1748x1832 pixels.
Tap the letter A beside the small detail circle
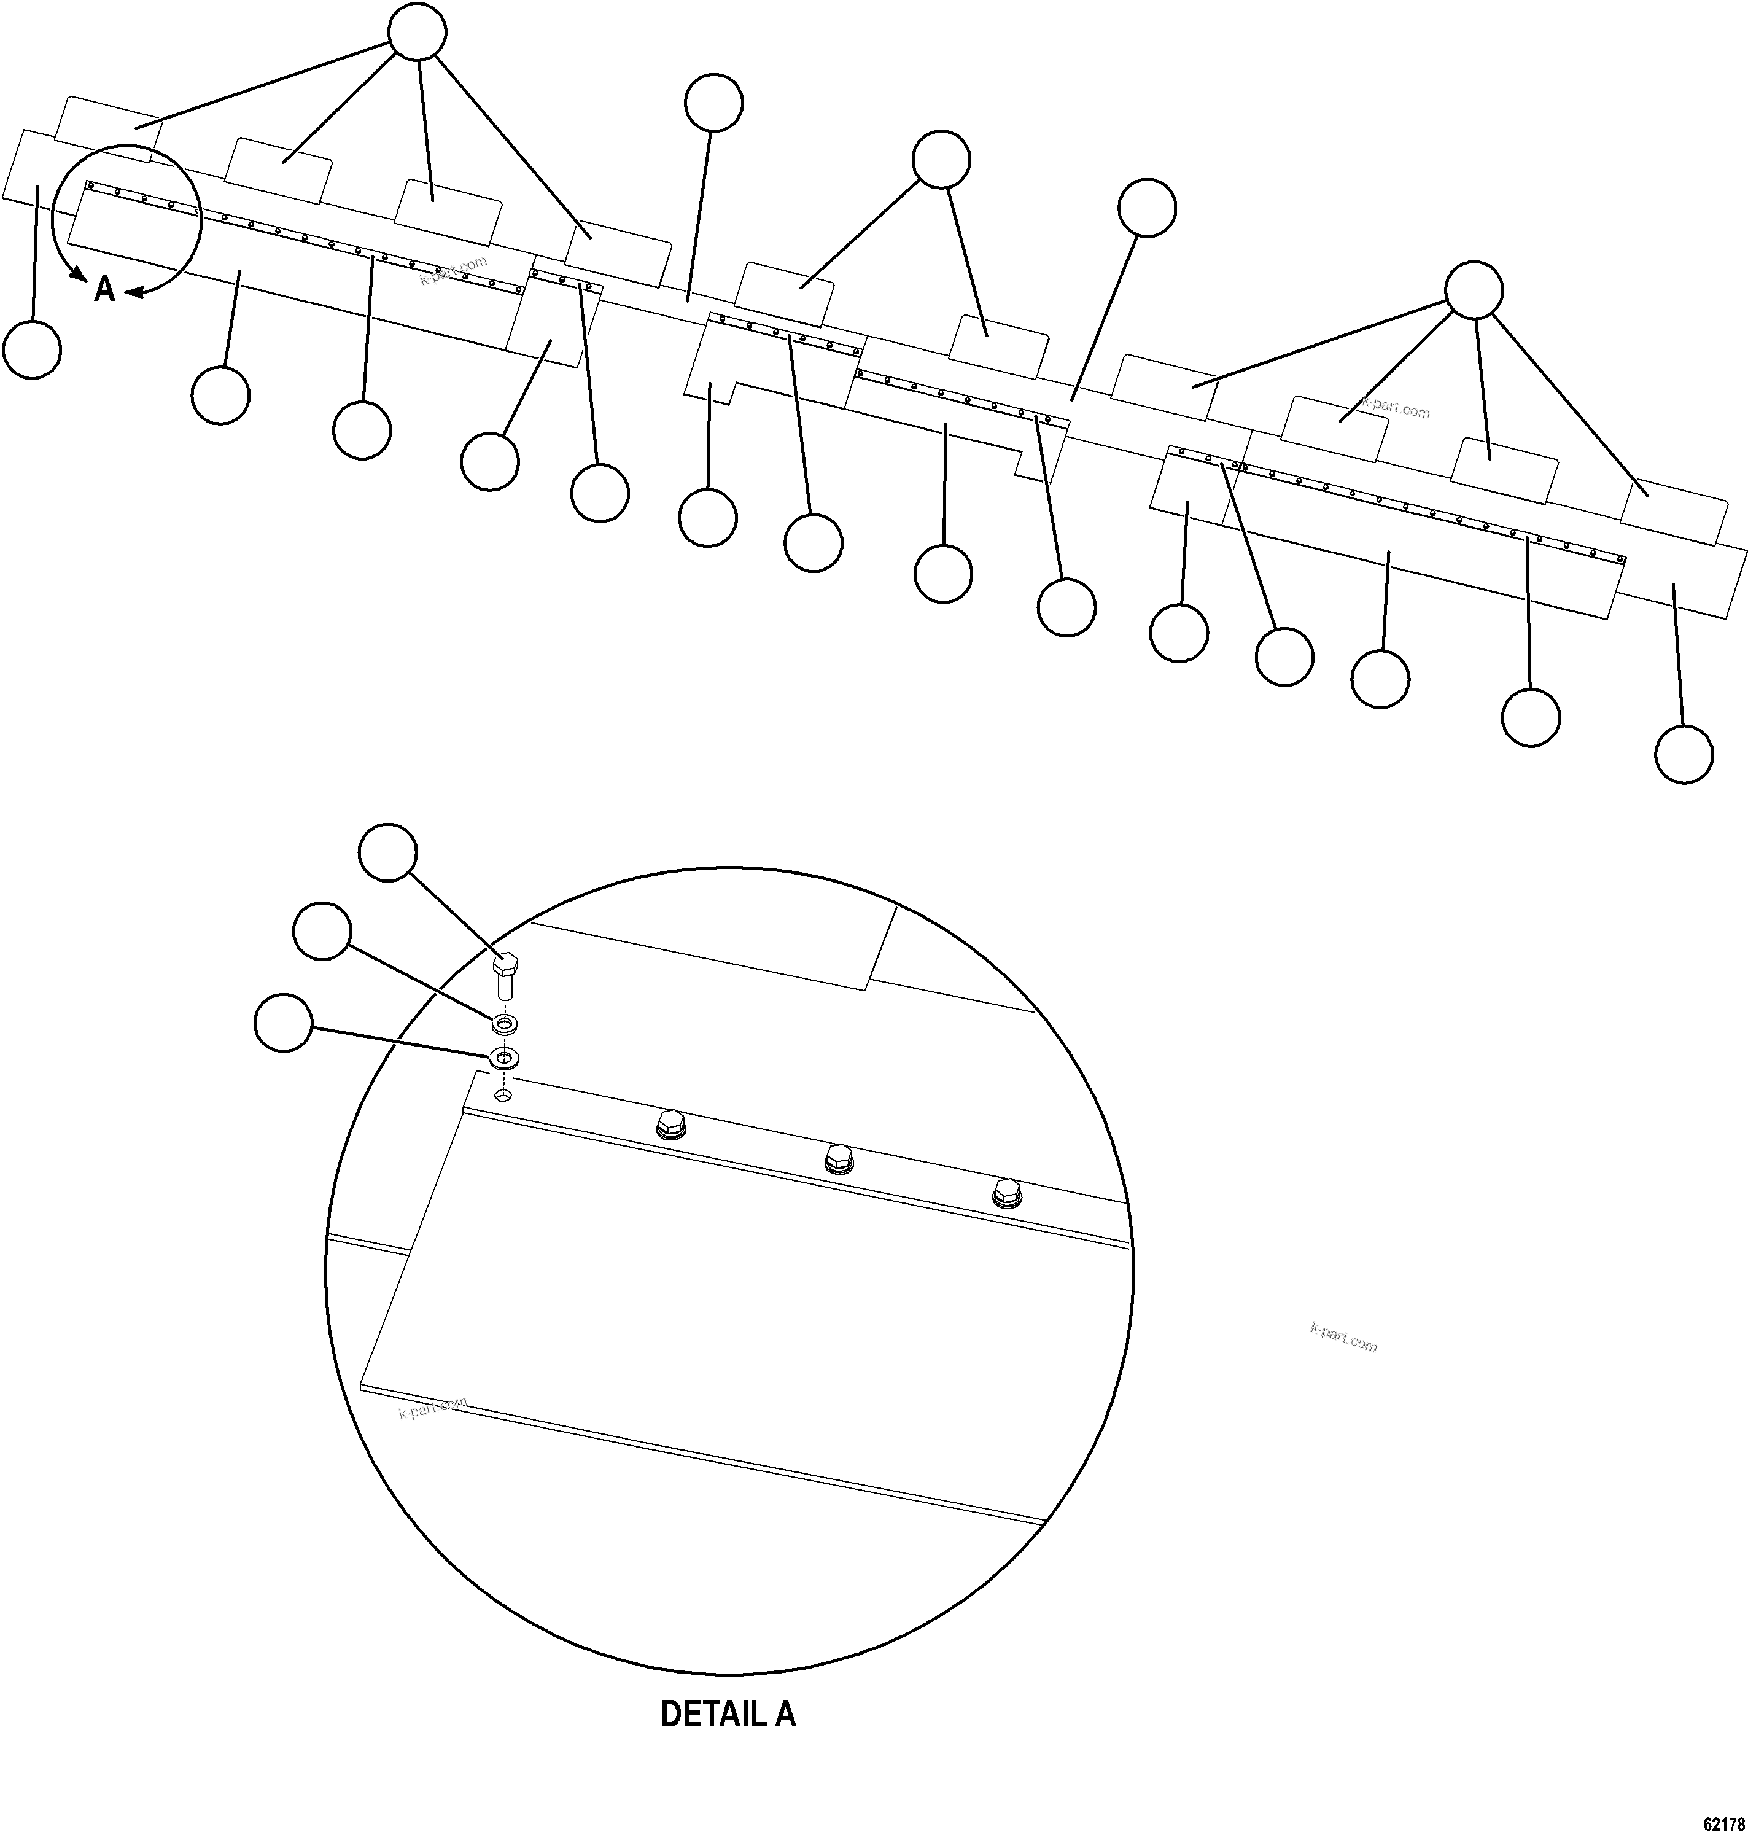(104, 290)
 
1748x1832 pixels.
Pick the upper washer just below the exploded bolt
(504, 1025)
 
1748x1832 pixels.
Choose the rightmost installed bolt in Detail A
(1006, 1192)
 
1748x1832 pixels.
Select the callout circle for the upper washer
(322, 930)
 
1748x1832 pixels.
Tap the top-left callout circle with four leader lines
(416, 34)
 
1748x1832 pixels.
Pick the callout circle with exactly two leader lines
(941, 160)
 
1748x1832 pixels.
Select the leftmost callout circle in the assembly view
(33, 351)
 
